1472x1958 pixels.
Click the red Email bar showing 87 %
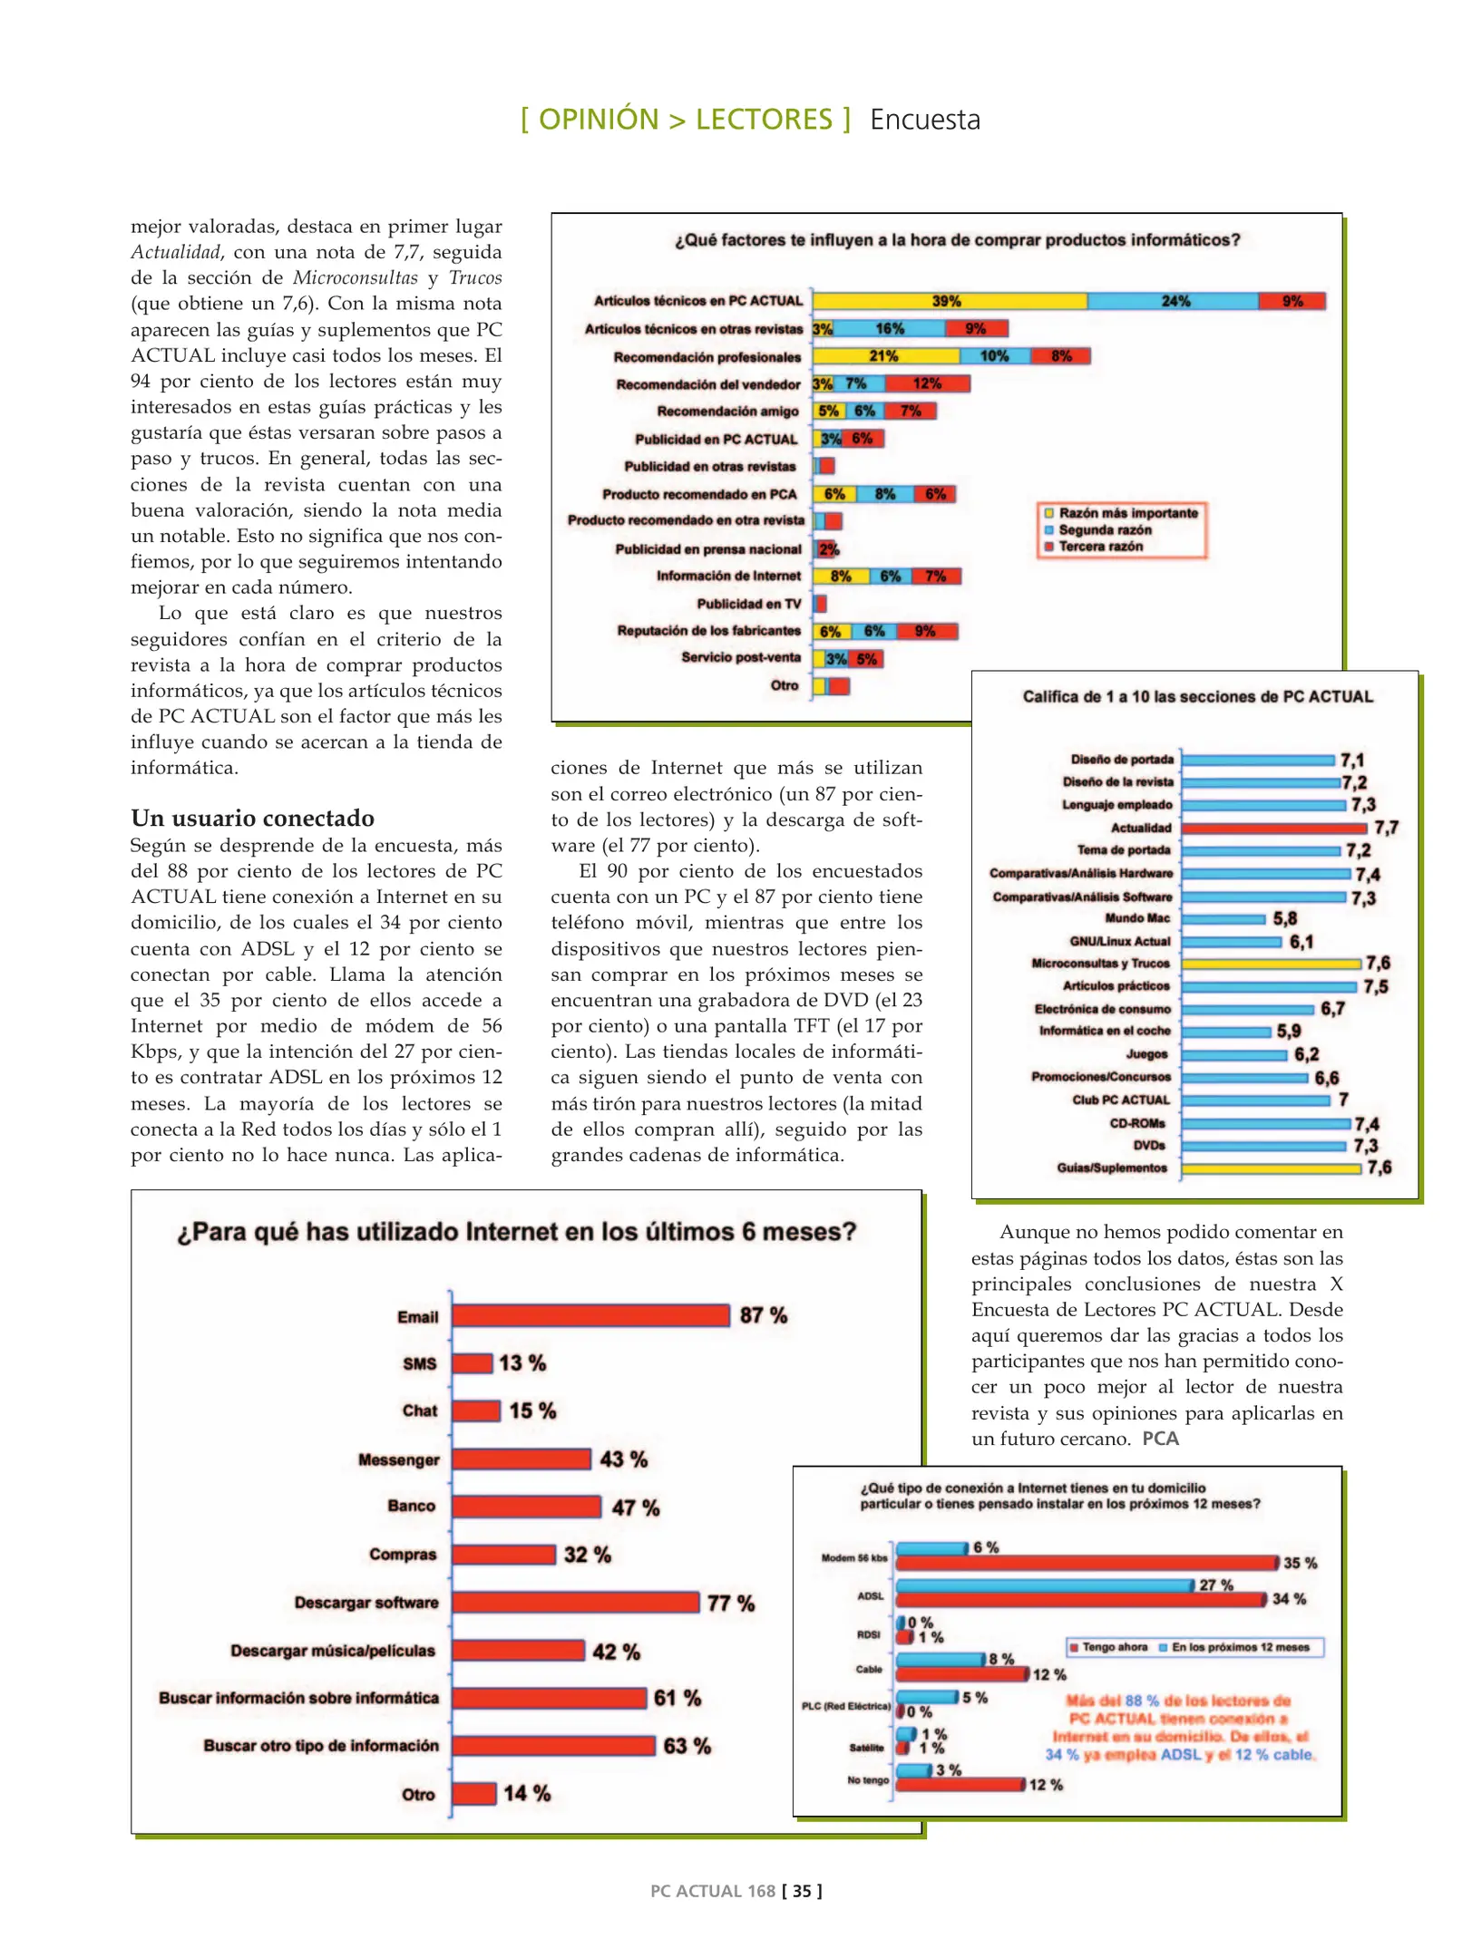[590, 1315]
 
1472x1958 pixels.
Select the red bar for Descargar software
[576, 1602]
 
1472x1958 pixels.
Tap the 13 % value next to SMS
[522, 1362]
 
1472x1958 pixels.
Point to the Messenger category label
[398, 1459]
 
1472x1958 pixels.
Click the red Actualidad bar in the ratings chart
[1273, 828]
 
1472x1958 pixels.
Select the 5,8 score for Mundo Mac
[1284, 918]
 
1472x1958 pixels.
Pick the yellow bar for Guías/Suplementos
[1271, 1168]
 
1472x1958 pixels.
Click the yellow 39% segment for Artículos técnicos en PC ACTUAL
[949, 301]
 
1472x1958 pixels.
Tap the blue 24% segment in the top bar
[1174, 301]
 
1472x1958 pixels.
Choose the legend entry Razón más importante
[1127, 513]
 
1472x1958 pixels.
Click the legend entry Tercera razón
[1100, 547]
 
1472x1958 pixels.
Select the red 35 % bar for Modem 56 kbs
[1087, 1563]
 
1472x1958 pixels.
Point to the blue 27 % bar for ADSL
[1043, 1585]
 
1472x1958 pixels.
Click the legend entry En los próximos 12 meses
[1239, 1647]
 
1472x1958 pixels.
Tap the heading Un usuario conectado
[252, 818]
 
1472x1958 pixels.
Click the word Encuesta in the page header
[924, 120]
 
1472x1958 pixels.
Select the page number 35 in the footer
[802, 1891]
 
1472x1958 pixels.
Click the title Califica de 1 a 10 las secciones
[1197, 696]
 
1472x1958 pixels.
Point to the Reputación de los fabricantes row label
[708, 631]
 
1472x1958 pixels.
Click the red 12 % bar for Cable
[961, 1674]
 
